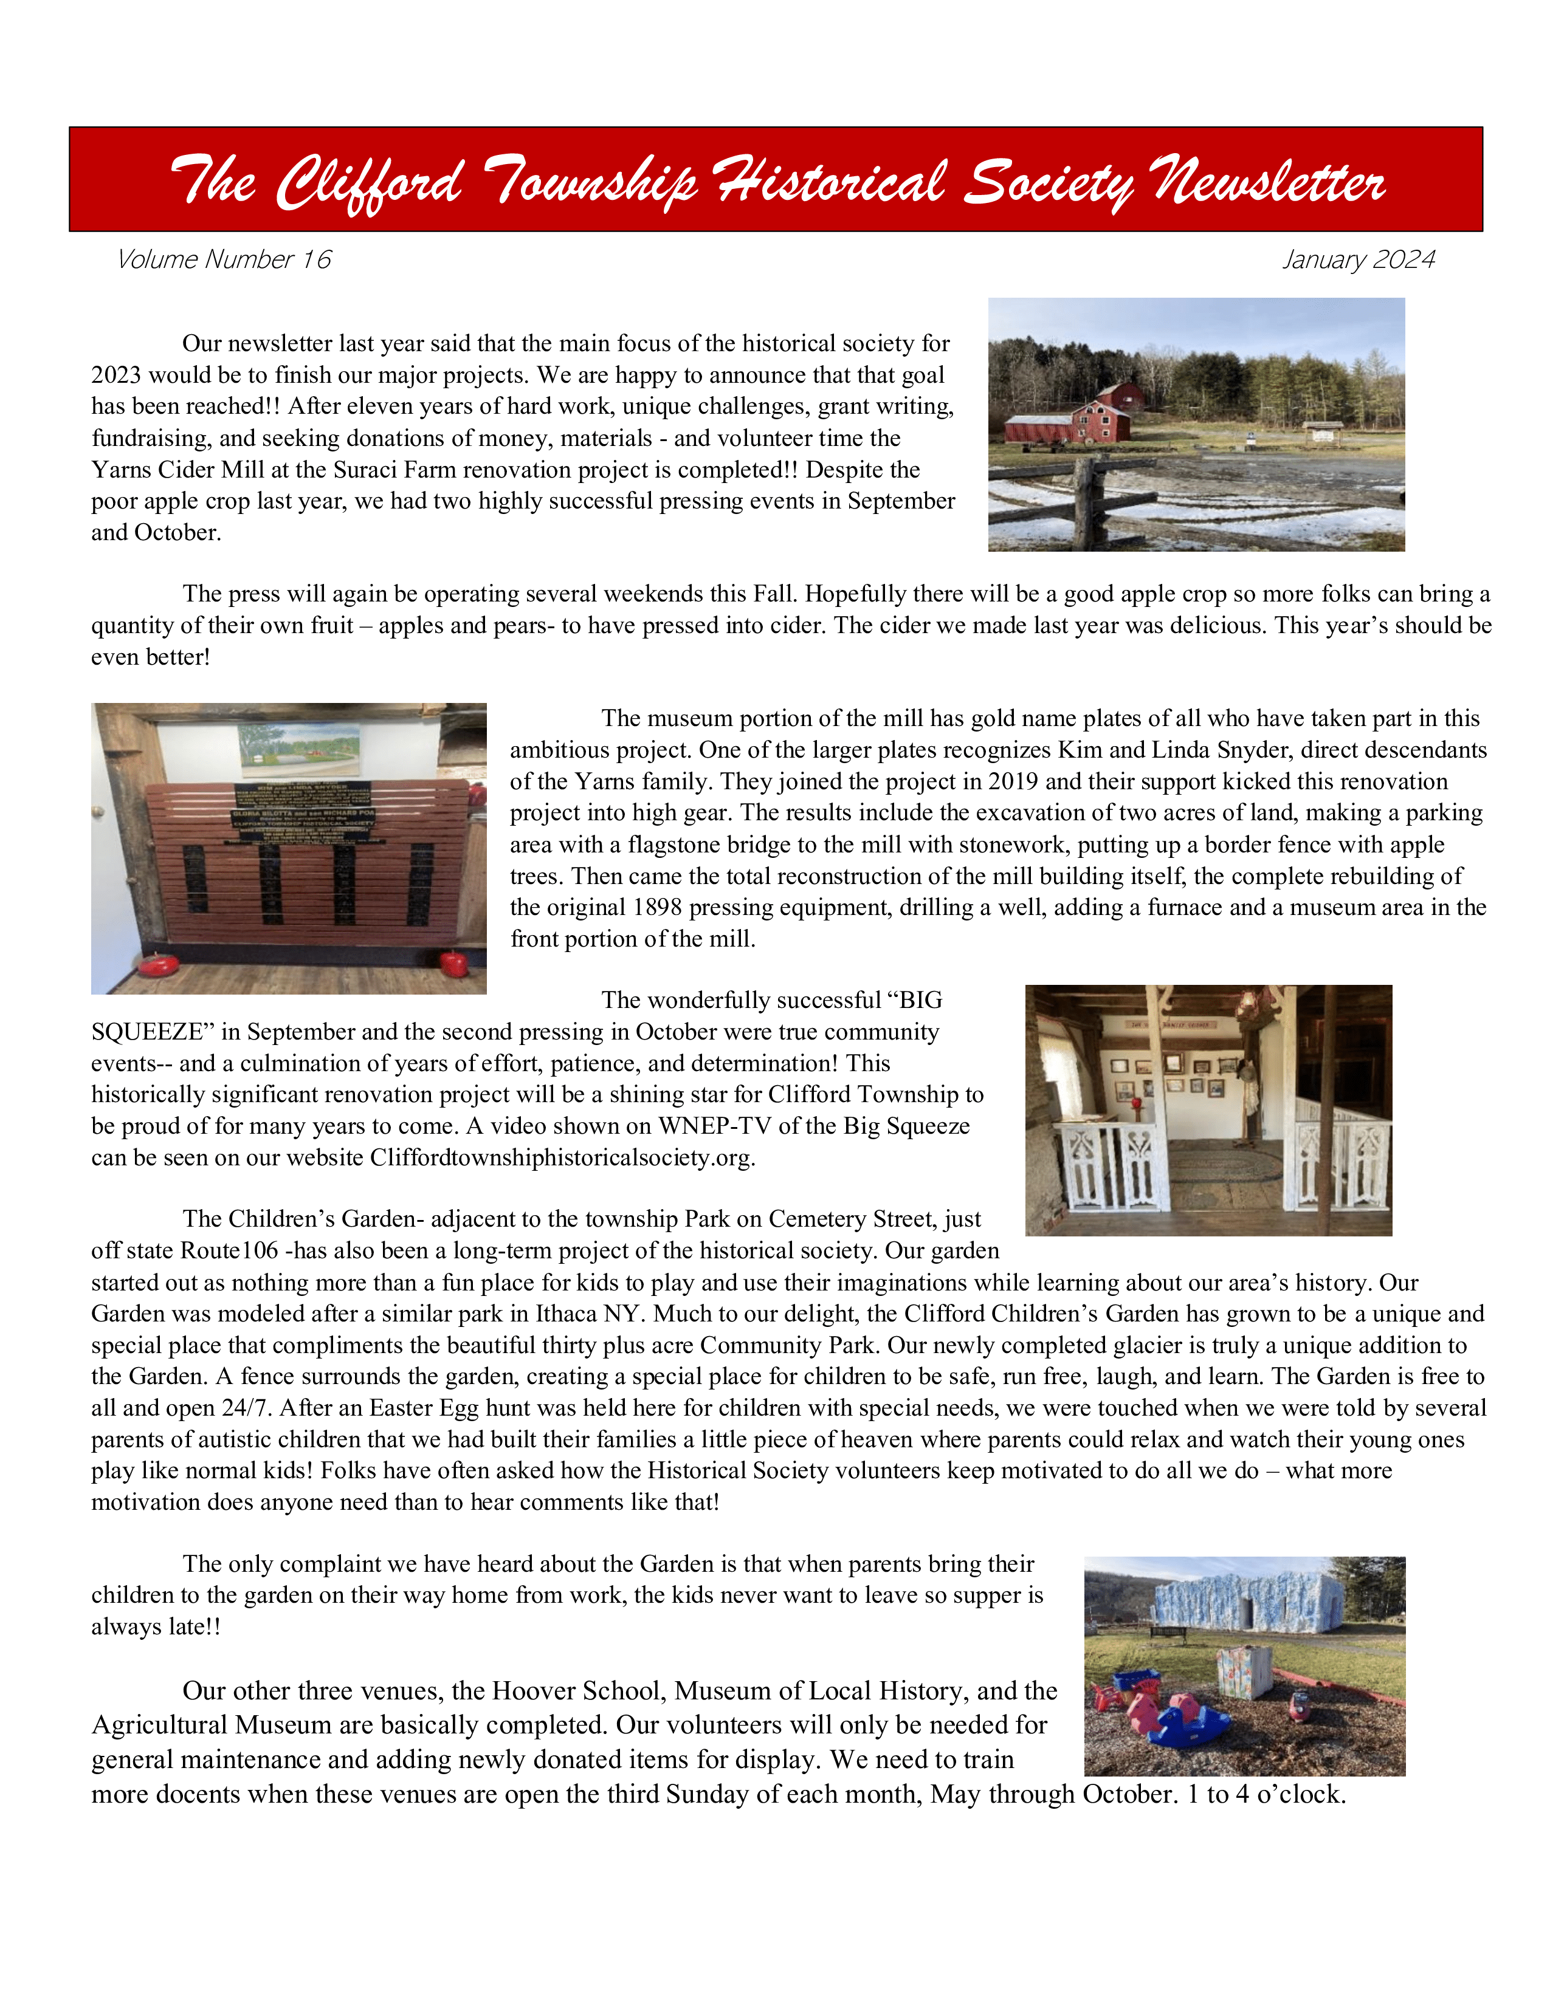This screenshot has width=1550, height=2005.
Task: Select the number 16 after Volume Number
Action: pos(316,260)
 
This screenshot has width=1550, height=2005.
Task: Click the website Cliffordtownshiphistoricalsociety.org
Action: pos(562,1157)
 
